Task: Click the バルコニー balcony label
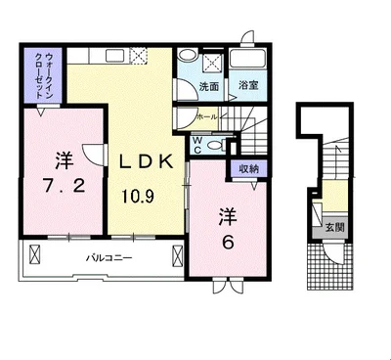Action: point(108,257)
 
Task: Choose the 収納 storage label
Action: point(247,169)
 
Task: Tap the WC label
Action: point(196,144)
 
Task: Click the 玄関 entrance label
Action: point(334,228)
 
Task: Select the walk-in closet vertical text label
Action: point(42,74)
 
